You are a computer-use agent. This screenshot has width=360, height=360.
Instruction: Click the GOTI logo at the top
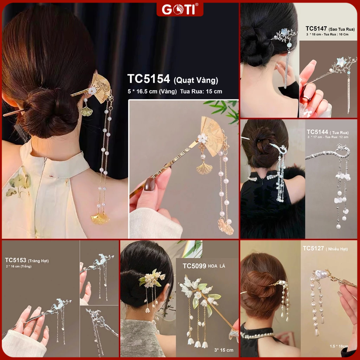pos(180,9)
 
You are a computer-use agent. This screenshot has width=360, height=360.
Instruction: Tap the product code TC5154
pos(149,79)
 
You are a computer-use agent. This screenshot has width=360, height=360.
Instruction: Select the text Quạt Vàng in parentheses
pos(196,81)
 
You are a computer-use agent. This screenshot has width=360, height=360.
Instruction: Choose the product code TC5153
pos(15,260)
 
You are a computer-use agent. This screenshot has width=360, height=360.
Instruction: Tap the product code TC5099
pos(194,266)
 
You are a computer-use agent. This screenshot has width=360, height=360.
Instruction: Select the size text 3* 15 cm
pos(223,350)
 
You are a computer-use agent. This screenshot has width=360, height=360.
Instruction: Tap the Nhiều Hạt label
pos(336,249)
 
